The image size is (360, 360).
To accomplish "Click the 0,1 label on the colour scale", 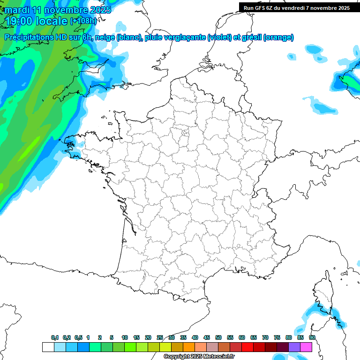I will pos(55,337).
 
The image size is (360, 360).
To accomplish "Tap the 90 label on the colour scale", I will pos(312,337).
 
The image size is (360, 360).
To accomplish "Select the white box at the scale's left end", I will pos(48,347).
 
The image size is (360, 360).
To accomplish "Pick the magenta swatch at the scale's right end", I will pos(306,347).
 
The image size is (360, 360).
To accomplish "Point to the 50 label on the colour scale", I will pos(218,337).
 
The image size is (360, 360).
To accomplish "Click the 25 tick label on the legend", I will pos(160,337).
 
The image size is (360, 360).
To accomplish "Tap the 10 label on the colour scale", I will pos(125,337).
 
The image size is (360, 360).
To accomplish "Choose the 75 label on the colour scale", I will pos(277,337).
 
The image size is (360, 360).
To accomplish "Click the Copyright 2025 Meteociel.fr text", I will pos(199,356).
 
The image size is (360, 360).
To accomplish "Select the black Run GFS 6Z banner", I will pos(296,7).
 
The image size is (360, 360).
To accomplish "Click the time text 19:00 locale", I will pos(36,21).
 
